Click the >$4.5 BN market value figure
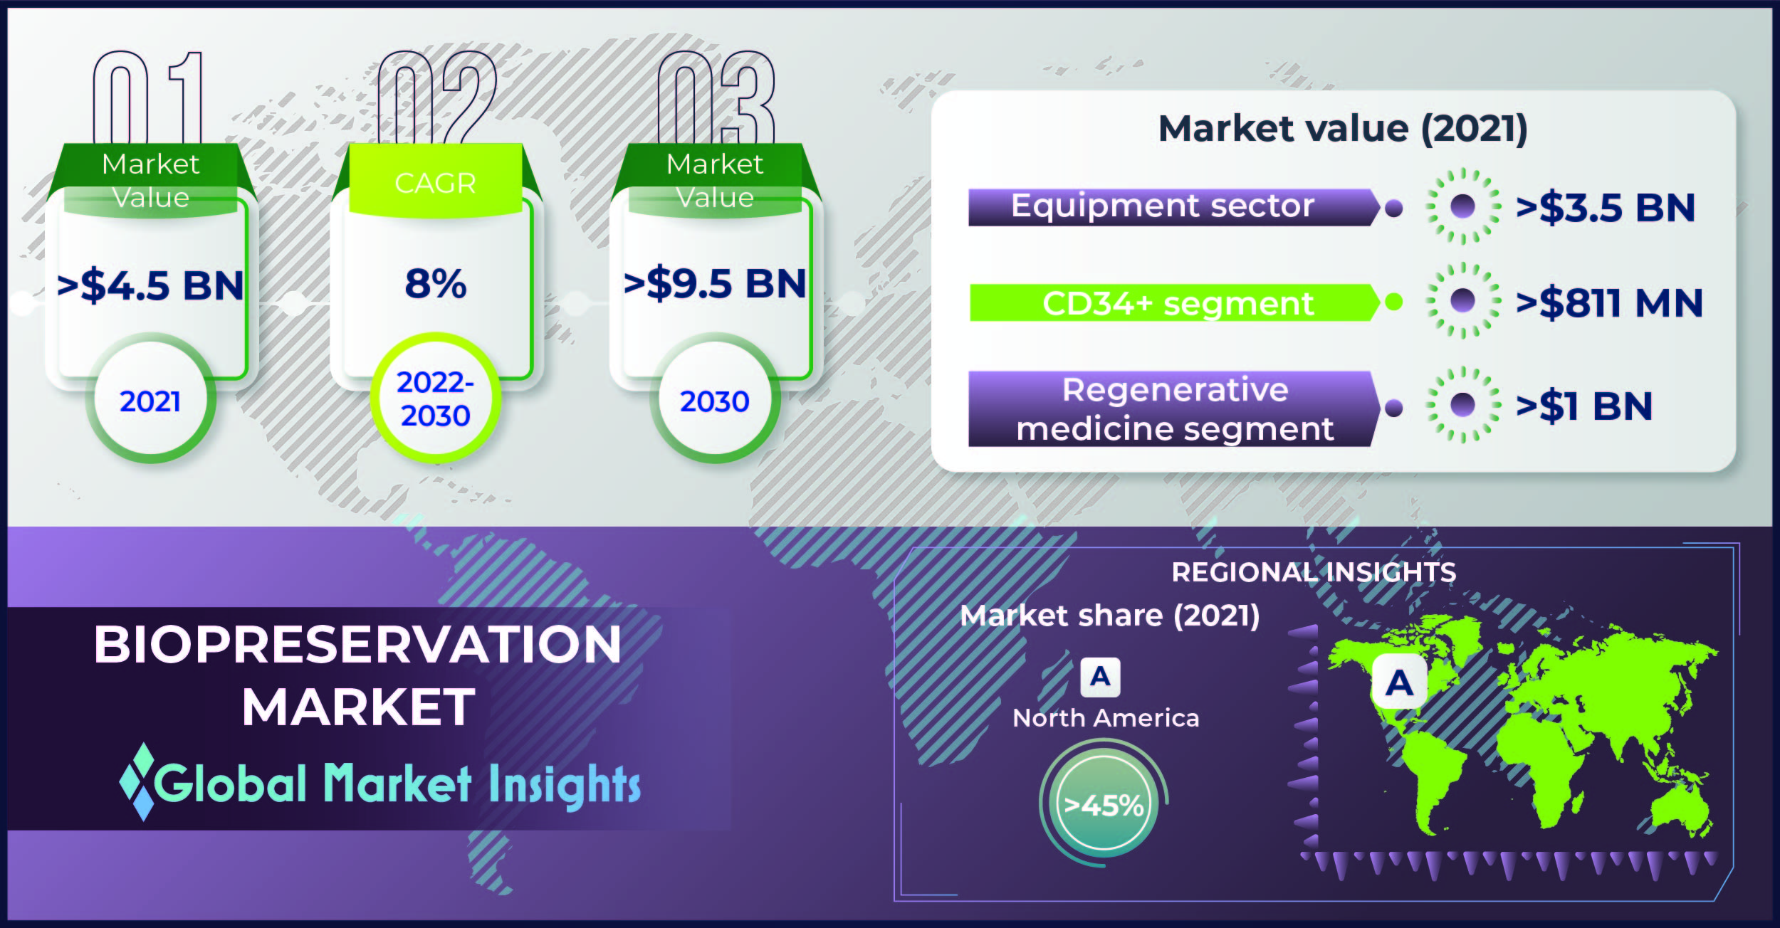[150, 285]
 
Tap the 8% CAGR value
[436, 283]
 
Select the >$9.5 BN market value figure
[715, 283]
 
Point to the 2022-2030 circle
[436, 399]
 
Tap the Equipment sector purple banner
[1174, 207]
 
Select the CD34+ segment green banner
[1175, 302]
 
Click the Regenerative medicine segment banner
[1174, 408]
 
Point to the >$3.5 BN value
[1606, 208]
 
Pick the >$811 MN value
[1609, 302]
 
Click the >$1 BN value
[1584, 406]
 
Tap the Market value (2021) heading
[1343, 129]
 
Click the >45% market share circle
[1104, 803]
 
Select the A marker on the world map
[1399, 682]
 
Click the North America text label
[1106, 718]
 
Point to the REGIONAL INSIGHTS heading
[1314, 572]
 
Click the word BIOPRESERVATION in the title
[357, 645]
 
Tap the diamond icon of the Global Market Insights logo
[137, 781]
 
